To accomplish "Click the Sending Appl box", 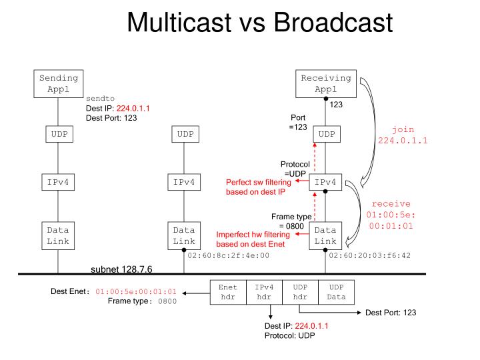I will pos(59,83).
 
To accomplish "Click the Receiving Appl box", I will pos(325,83).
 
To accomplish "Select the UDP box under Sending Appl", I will pos(59,134).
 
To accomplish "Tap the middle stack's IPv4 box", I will pos(183,181).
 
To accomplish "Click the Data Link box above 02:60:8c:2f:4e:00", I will pos(183,235).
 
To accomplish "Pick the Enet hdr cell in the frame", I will pos(227,291).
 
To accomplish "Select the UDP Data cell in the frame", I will pos(337,291).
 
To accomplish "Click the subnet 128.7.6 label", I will pos(122,269).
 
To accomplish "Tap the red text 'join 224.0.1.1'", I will pos(403,135).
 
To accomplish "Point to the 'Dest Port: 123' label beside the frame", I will pos(391,312).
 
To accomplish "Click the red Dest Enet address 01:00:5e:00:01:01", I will pos(136,291).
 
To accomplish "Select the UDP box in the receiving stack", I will pos(325,134).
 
